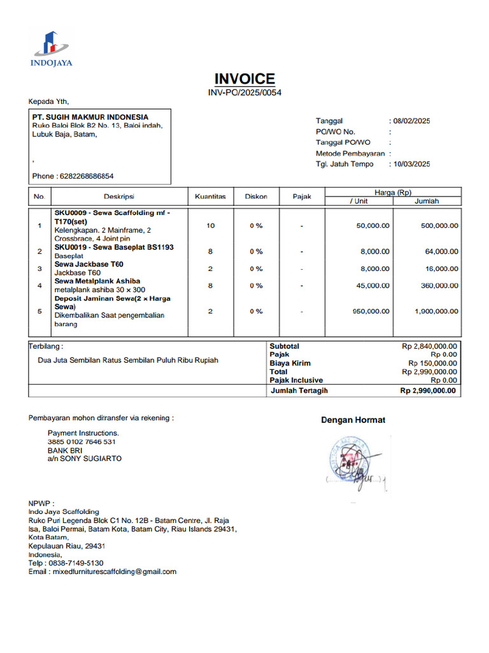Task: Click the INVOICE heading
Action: coord(244,79)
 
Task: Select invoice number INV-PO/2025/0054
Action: coord(244,93)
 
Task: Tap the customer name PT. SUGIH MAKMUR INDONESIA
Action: coord(90,117)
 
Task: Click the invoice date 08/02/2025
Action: coord(411,121)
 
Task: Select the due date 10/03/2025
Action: coord(411,164)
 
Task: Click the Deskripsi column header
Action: coord(119,197)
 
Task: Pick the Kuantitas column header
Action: coord(210,197)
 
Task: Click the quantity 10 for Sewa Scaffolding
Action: coord(211,226)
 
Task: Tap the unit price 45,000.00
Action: coord(373,286)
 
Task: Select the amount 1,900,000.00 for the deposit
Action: coord(436,311)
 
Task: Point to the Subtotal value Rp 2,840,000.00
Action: coord(429,346)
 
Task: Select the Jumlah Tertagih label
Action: coord(299,390)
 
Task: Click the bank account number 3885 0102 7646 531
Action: coord(81,442)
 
